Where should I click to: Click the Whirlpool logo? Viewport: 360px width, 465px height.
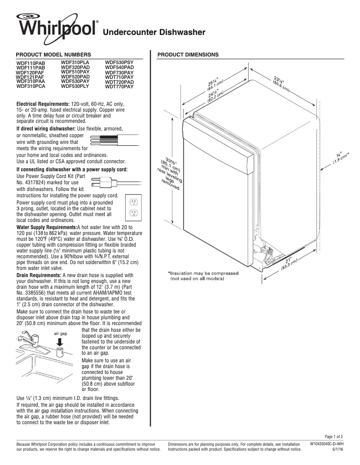pos(56,28)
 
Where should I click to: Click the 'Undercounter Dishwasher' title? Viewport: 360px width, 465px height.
pos(154,32)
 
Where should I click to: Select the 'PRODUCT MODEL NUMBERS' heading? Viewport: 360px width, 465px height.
pos(53,54)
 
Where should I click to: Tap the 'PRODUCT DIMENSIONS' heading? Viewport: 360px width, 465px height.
pos(188,54)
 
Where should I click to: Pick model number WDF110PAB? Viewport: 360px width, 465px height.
pos(31,63)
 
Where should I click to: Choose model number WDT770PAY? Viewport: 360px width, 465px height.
pos(119,87)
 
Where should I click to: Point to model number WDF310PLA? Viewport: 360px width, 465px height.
pos(75,62)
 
